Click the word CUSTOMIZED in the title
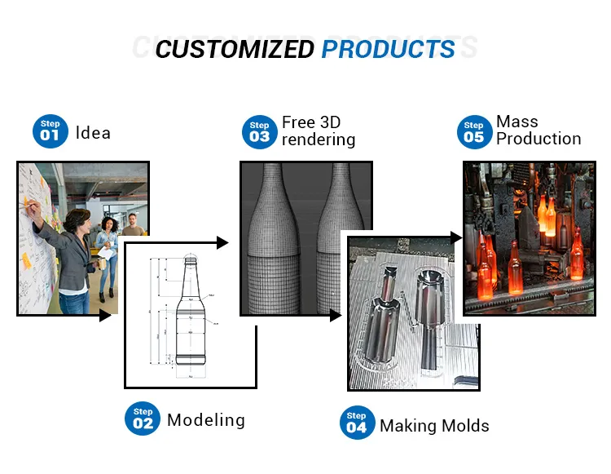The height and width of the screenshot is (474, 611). coord(235,49)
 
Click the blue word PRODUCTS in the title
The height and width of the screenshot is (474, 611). coord(388,49)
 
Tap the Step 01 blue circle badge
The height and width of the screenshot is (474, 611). coord(50,131)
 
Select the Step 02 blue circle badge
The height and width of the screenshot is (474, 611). coord(143,419)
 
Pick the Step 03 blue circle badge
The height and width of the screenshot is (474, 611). coord(259,132)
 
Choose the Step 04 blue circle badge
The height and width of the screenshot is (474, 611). coord(356,423)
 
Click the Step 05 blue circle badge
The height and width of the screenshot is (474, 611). coord(473,132)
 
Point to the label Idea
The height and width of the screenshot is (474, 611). coord(93,132)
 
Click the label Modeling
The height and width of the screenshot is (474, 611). coord(205,420)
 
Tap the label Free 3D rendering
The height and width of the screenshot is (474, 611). coord(318,131)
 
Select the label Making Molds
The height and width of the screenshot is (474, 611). coord(434,425)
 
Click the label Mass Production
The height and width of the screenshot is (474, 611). coord(538,130)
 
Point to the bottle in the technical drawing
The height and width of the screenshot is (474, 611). coord(190,318)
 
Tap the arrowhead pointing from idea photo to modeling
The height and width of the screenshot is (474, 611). coord(105,315)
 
